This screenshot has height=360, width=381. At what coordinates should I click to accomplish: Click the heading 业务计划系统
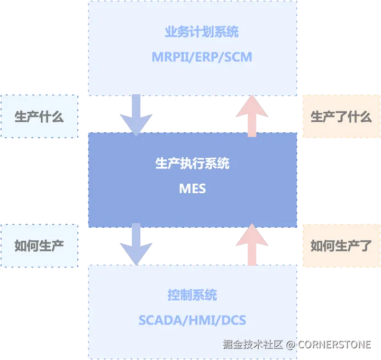pyautogui.click(x=201, y=32)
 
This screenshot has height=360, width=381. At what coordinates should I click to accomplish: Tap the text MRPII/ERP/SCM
pyautogui.click(x=202, y=56)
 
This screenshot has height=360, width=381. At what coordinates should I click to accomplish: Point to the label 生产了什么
pyautogui.click(x=341, y=116)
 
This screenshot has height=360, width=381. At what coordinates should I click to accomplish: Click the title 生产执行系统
pyautogui.click(x=192, y=163)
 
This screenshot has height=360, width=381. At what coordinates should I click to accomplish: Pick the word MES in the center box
pyautogui.click(x=192, y=188)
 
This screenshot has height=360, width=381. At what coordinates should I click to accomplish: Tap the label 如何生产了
pyautogui.click(x=341, y=245)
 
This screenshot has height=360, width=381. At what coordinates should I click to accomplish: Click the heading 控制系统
pyautogui.click(x=192, y=295)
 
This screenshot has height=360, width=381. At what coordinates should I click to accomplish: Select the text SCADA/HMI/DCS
pyautogui.click(x=192, y=320)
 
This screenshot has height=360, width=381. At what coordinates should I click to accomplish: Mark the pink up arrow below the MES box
pyautogui.click(x=251, y=244)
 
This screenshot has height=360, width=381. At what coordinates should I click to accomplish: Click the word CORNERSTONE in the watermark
pyautogui.click(x=334, y=344)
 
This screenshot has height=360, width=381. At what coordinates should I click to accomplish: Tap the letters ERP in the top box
pyautogui.click(x=202, y=56)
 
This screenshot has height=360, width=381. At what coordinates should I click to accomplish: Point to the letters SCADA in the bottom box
pyautogui.click(x=158, y=320)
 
